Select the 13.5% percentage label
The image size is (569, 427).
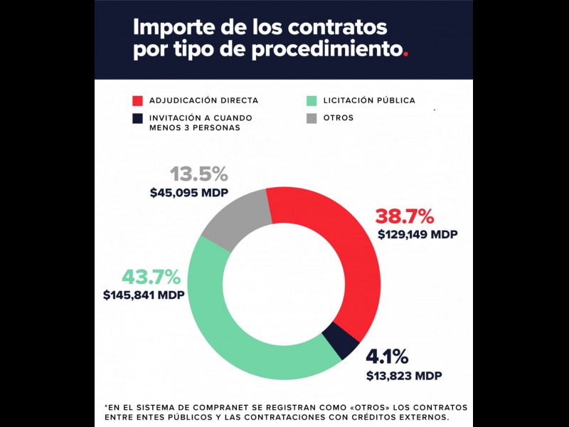click(x=198, y=174)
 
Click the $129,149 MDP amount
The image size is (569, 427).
click(x=418, y=234)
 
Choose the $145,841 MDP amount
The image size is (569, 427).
click(x=144, y=295)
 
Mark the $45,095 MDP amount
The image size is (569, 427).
click(x=188, y=192)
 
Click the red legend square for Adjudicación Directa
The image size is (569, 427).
click(x=138, y=100)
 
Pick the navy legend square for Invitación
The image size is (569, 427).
click(x=138, y=117)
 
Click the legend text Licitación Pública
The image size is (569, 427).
click(x=369, y=100)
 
